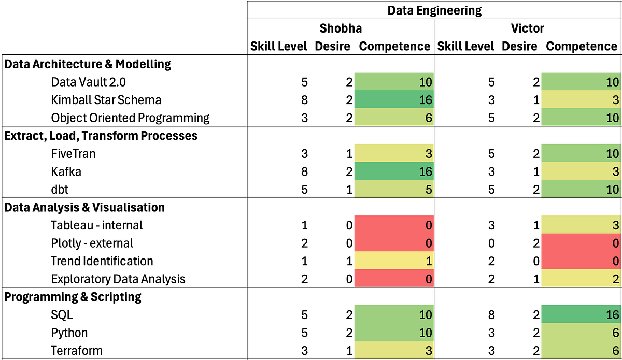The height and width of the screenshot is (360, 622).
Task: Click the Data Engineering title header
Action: (434, 10)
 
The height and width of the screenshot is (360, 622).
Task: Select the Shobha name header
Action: (340, 28)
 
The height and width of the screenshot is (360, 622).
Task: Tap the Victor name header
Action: (527, 28)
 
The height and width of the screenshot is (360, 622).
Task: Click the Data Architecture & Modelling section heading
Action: (88, 64)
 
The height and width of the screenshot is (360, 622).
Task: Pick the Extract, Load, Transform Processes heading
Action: (101, 136)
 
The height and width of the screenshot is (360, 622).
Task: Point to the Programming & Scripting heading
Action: (73, 297)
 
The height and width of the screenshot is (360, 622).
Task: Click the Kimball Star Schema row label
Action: (106, 100)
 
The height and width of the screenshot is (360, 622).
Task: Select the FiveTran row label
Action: (73, 154)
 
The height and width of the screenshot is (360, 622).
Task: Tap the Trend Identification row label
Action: (102, 261)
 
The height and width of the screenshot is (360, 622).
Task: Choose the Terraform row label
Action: (77, 351)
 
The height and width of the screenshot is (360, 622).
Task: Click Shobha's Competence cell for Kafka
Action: (394, 171)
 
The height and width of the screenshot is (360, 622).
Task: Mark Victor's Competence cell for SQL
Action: (581, 315)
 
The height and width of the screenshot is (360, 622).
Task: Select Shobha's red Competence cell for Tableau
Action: (394, 225)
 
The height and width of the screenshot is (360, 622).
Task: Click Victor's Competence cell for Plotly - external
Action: (581, 243)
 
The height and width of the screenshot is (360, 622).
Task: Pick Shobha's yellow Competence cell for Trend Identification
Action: (394, 261)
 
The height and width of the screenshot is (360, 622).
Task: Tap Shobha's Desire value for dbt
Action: (349, 190)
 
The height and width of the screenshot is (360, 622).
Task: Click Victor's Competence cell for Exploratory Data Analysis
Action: (581, 279)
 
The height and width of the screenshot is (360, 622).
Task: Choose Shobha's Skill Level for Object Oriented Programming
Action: (304, 118)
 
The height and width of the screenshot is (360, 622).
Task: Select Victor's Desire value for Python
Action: (536, 333)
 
